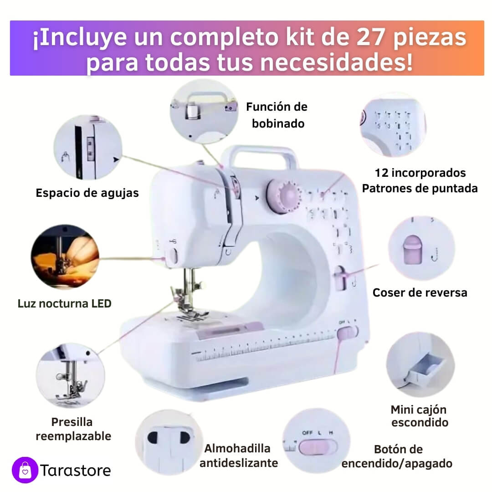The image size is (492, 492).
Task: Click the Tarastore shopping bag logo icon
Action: [25, 470]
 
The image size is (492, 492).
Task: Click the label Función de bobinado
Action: [277, 115]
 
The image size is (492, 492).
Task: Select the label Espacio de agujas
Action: [87, 193]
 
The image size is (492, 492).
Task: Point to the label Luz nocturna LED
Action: [65, 303]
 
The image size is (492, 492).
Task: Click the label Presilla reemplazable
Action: [73, 429]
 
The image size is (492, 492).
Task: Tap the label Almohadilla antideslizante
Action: [238, 456]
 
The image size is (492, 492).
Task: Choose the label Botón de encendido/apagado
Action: [397, 456]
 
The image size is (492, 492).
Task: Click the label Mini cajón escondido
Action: [419, 416]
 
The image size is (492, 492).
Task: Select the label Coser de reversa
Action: [420, 293]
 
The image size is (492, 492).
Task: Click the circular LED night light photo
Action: [65, 256]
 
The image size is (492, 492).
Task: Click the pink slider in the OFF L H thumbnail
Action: [318, 447]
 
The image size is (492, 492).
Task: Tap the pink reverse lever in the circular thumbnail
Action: [412, 250]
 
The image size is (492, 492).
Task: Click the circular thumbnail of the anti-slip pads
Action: [169, 442]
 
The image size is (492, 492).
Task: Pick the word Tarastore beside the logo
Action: [75, 470]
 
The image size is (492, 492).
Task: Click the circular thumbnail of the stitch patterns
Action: [393, 125]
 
